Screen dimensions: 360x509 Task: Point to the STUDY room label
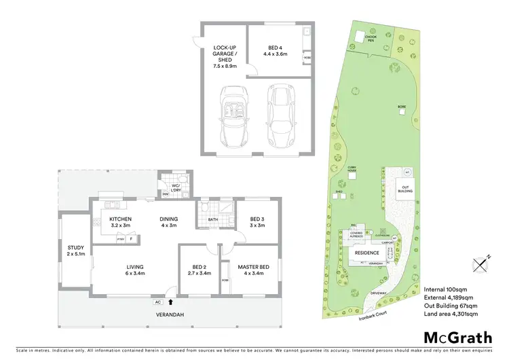click(x=75, y=251)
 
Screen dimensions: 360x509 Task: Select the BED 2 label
click(x=197, y=270)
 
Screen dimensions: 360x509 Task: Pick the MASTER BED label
click(x=251, y=270)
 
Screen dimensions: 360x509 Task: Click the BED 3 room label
click(x=256, y=222)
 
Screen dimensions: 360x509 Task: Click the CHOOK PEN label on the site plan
click(x=371, y=39)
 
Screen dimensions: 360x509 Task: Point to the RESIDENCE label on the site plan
click(x=367, y=252)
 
